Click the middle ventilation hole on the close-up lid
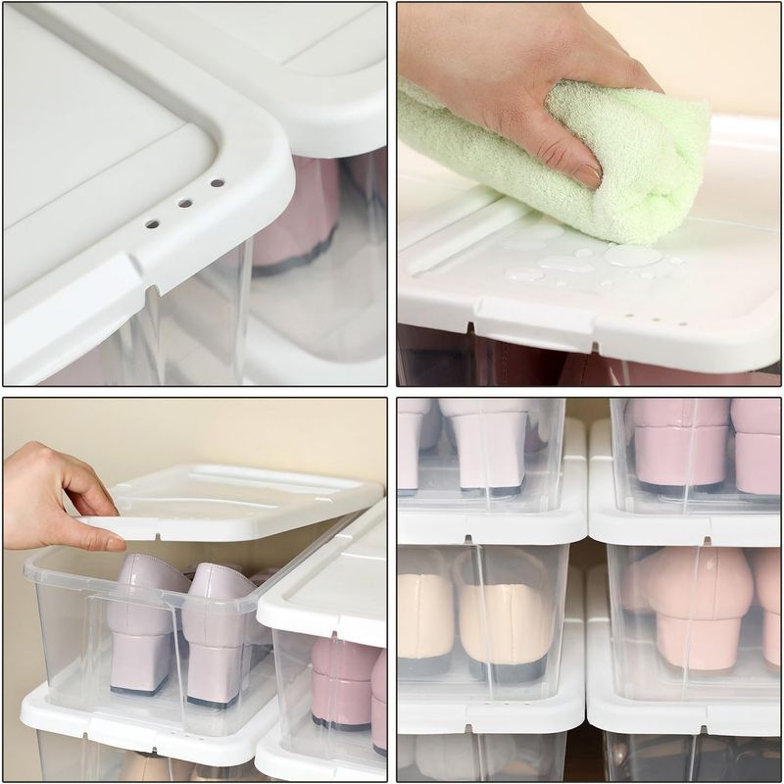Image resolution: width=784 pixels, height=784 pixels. (184, 203)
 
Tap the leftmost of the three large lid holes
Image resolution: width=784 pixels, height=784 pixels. (152, 223)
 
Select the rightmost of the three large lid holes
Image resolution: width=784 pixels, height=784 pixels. (217, 182)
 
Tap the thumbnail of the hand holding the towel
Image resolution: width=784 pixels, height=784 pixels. (587, 174)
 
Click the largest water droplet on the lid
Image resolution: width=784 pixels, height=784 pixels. (632, 256)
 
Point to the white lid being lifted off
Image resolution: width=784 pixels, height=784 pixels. (245, 500)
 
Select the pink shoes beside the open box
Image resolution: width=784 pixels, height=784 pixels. (343, 686)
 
